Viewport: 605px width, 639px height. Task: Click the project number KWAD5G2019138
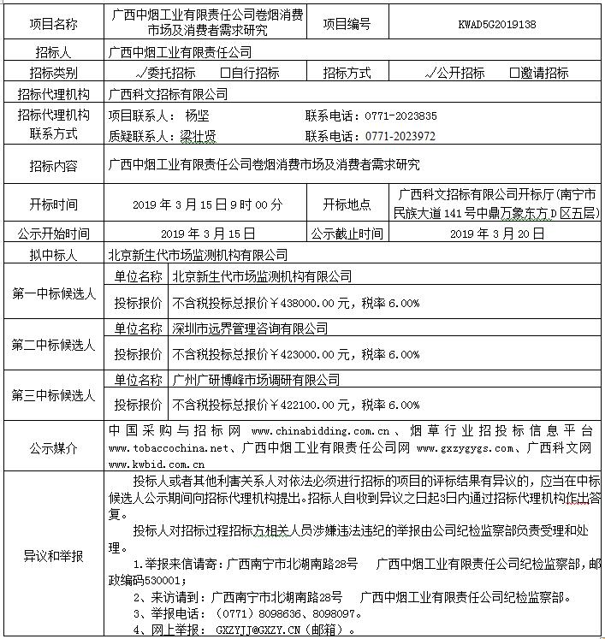497,24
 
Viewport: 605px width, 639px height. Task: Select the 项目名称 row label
53,24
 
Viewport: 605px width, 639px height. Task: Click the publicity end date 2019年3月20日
497,233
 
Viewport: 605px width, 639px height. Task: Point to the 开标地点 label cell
347,205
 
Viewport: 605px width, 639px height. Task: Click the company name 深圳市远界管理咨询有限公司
250,328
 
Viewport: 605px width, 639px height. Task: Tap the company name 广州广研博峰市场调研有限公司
256,379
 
